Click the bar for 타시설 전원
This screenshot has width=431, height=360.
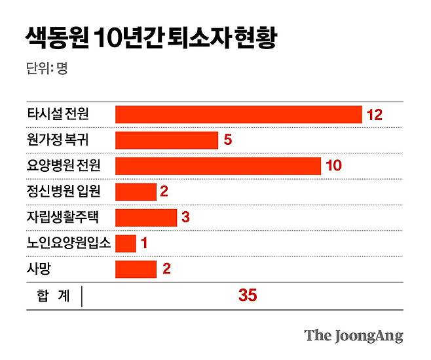(x=238, y=115)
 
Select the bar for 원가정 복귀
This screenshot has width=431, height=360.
(x=166, y=140)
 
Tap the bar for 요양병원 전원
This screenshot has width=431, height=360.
(x=217, y=166)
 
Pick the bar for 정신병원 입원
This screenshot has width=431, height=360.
(x=136, y=191)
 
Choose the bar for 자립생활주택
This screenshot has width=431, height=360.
(x=146, y=217)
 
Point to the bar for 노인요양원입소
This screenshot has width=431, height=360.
(x=126, y=243)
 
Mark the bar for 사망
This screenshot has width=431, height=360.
(x=136, y=269)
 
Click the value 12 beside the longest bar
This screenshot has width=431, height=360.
(x=374, y=115)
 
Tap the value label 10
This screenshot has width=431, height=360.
(x=333, y=166)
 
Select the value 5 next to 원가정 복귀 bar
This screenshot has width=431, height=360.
(x=229, y=140)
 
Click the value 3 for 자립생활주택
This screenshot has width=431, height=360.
(x=185, y=217)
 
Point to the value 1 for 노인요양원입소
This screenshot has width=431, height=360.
(x=144, y=243)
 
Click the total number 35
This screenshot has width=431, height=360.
(x=248, y=296)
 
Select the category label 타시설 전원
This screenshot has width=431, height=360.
(x=58, y=115)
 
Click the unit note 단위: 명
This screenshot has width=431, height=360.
(x=47, y=68)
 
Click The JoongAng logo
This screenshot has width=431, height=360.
(x=353, y=336)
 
